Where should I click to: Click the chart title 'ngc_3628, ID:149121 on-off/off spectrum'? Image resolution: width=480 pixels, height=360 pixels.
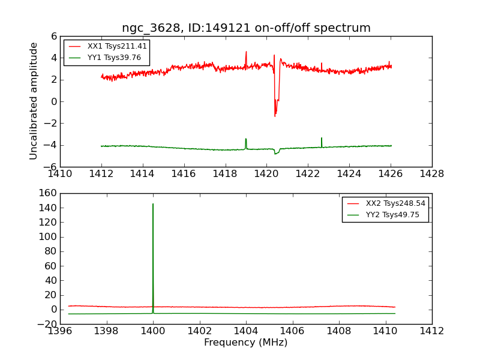point(246,28)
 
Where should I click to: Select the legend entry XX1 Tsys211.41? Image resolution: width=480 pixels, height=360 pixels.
point(117,46)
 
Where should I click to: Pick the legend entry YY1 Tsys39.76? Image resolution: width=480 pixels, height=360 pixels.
point(115,58)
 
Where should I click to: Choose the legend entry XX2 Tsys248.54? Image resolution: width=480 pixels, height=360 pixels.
point(395,203)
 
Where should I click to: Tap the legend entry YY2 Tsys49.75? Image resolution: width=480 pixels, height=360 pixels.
point(393,215)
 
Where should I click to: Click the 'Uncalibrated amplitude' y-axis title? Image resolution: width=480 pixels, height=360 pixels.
point(34,101)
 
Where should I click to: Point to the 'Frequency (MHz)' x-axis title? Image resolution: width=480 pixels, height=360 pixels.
point(246,343)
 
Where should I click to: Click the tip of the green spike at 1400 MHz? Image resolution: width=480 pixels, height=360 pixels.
point(153,204)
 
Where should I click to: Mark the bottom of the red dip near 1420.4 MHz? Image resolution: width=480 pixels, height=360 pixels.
point(275,116)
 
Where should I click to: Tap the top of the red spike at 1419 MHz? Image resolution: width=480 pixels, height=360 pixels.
point(246,52)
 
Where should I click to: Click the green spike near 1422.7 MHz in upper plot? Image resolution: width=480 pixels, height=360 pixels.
point(322,139)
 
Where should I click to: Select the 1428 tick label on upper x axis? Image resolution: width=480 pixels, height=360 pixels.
point(431,174)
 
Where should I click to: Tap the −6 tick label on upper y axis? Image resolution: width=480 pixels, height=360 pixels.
point(50,167)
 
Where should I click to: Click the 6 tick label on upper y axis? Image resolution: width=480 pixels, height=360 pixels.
point(54,36)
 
